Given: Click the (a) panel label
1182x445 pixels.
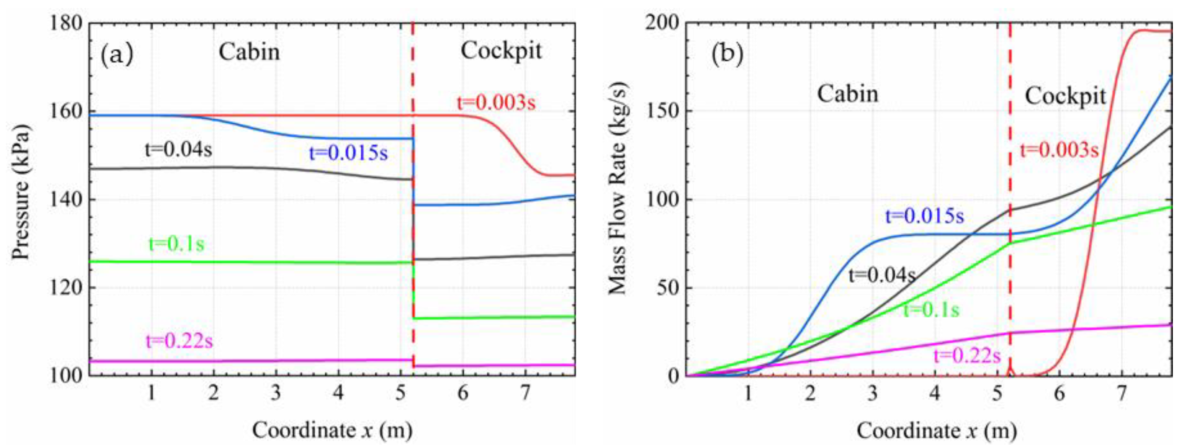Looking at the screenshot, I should [117, 55].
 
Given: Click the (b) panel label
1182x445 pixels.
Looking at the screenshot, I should [727, 55].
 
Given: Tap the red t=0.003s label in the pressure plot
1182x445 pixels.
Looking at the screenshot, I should [496, 102].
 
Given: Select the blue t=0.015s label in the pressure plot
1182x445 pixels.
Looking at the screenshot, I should [348, 153].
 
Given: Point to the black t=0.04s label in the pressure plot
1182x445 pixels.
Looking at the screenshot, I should [179, 149].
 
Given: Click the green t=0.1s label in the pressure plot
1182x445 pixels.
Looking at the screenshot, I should [176, 243].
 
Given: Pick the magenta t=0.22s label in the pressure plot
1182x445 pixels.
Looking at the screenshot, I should [179, 341].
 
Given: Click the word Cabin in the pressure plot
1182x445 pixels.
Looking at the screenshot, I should [249, 52].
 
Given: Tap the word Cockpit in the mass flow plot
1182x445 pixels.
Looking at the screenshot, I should [1065, 96].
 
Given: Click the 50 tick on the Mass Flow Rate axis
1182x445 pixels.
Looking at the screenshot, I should [668, 288].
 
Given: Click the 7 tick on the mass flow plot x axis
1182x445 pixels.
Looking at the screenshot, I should [1121, 393].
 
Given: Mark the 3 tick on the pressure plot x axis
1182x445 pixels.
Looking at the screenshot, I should [276, 393].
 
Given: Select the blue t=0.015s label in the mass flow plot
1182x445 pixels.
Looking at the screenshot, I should [924, 216].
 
